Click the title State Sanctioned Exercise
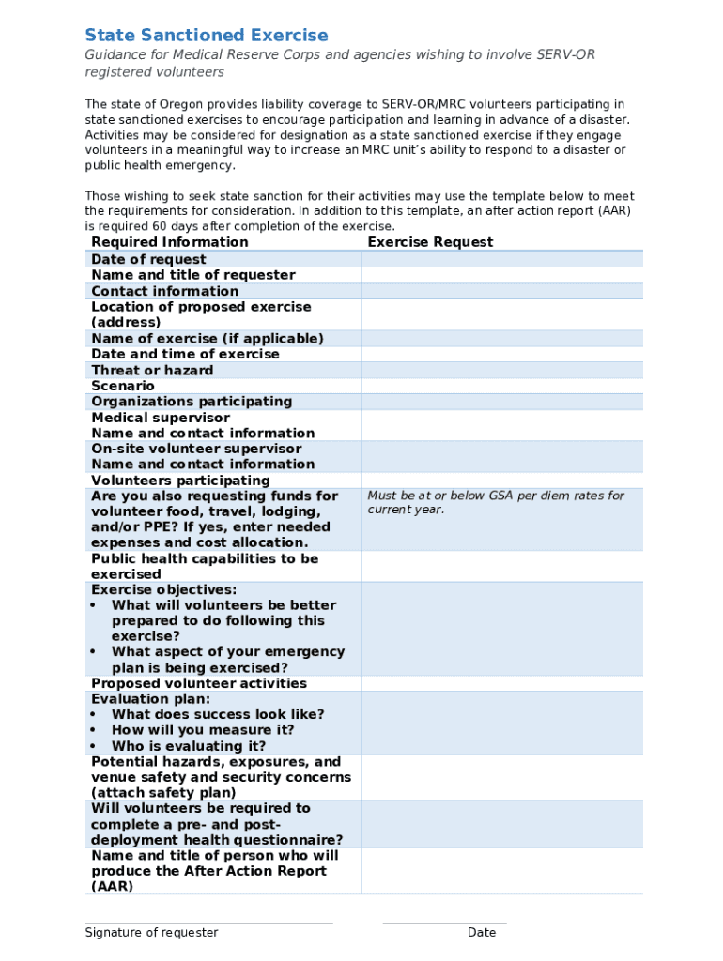pyautogui.click(x=207, y=36)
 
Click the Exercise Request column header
pyautogui.click(x=430, y=242)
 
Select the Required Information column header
pyautogui.click(x=170, y=242)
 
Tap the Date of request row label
pyautogui.click(x=148, y=259)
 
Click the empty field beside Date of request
pyautogui.click(x=502, y=259)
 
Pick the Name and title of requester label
pyautogui.click(x=193, y=275)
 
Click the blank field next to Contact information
pyautogui.click(x=502, y=291)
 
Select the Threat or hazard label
pyautogui.click(x=152, y=370)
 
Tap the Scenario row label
pyautogui.click(x=123, y=386)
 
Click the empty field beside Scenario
pyautogui.click(x=502, y=386)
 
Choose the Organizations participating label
pyautogui.click(x=192, y=402)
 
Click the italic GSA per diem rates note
pyautogui.click(x=496, y=502)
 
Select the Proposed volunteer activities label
pyautogui.click(x=199, y=683)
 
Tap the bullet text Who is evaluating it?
pyautogui.click(x=189, y=746)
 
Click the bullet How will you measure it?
pyautogui.click(x=203, y=730)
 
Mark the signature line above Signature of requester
pyautogui.click(x=208, y=923)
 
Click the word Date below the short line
pyautogui.click(x=482, y=933)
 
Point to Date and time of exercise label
pyautogui.click(x=185, y=354)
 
